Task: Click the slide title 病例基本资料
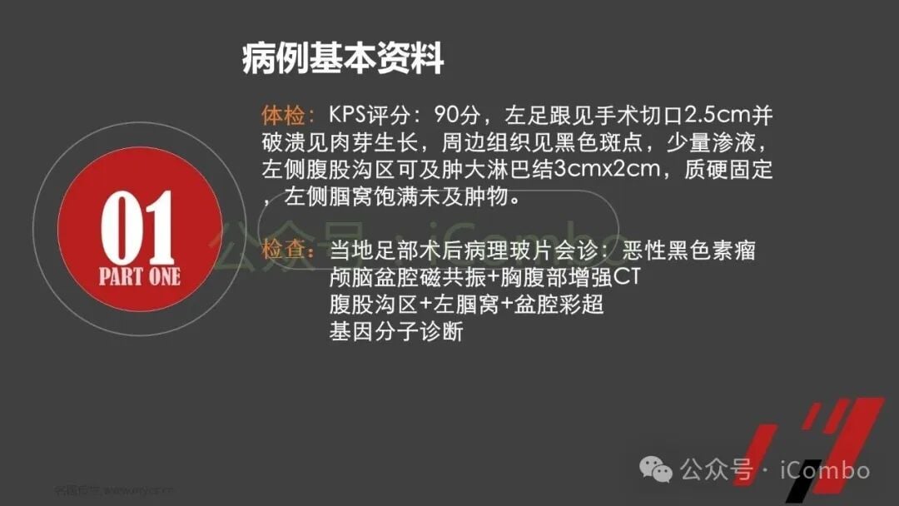[342, 60]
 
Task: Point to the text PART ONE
[139, 277]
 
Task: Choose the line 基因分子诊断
[395, 332]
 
